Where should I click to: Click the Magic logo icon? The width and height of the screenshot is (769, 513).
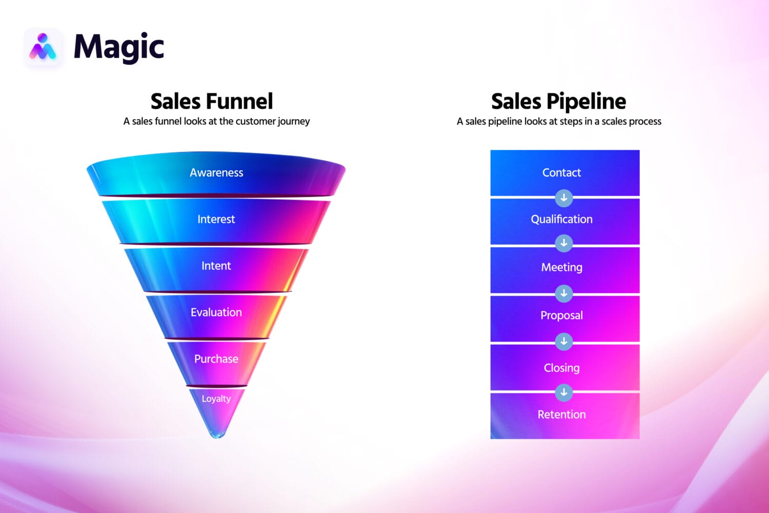tap(43, 47)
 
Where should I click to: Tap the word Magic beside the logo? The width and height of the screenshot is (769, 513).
tap(118, 47)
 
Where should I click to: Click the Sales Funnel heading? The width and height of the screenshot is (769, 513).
tap(211, 101)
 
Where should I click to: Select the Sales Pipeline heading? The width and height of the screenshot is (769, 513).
tap(558, 101)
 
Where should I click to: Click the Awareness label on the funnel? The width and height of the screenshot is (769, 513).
tap(216, 173)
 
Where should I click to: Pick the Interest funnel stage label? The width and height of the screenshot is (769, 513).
tap(216, 220)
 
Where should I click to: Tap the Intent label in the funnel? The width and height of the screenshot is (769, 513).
tap(216, 266)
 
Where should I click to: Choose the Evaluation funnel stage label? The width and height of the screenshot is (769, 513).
tap(216, 312)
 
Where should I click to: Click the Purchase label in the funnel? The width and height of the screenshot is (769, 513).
tap(216, 359)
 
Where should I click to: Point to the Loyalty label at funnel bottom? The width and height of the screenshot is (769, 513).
tap(216, 399)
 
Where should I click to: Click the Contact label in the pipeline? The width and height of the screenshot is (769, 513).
tap(562, 173)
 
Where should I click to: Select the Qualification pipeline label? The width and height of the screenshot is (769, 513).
tap(562, 220)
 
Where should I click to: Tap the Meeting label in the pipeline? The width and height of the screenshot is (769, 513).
tap(562, 267)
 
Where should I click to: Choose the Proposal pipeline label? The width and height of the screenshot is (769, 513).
tap(562, 315)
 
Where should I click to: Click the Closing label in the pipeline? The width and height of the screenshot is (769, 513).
tap(562, 368)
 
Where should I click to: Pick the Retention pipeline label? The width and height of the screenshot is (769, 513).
tap(562, 415)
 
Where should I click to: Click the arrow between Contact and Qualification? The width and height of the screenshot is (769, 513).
tap(564, 198)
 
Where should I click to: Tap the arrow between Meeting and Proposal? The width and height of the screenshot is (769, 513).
tap(564, 293)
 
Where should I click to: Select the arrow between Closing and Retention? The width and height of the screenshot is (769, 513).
tap(564, 392)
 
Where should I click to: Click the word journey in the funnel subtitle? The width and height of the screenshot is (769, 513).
tap(293, 122)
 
